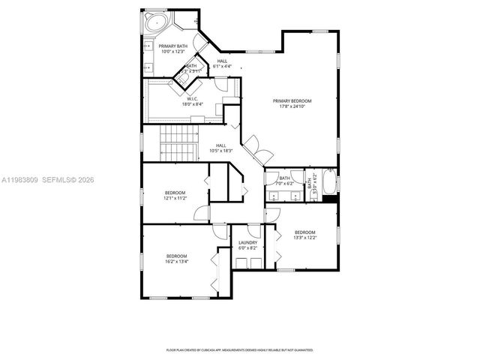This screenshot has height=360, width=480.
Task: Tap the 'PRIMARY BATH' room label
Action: click(172, 46)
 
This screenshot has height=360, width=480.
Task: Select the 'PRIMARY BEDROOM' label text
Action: click(292, 100)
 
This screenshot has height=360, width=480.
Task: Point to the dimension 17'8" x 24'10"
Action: click(292, 106)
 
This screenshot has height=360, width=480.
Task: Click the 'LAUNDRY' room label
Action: click(247, 242)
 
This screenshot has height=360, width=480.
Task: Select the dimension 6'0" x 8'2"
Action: click(247, 247)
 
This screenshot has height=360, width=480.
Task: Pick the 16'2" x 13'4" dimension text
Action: click(177, 262)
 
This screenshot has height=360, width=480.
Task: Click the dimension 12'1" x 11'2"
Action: click(175, 199)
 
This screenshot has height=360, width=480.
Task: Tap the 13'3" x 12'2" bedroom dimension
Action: click(305, 237)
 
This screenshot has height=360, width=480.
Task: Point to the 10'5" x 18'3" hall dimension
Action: click(221, 151)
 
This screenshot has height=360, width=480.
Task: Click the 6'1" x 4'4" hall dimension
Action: click(222, 67)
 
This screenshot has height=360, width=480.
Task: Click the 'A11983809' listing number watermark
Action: click(19, 180)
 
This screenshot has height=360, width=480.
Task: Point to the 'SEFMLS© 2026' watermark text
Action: click(67, 180)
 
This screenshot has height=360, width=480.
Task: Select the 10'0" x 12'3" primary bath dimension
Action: click(172, 52)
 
